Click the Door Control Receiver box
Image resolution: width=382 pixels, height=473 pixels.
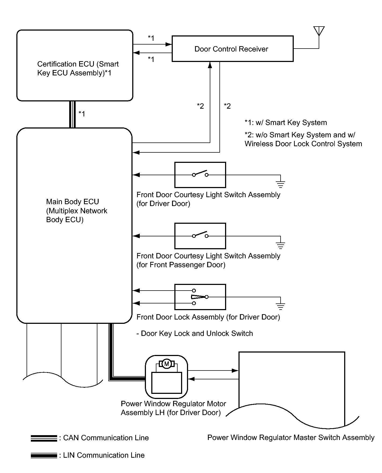[x=232, y=49]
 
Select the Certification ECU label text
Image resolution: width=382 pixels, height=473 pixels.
[x=78, y=68]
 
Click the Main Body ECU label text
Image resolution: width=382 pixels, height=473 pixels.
[x=76, y=211]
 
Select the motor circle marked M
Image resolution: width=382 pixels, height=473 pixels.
[x=167, y=364]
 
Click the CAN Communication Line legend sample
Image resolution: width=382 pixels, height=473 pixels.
[x=44, y=438]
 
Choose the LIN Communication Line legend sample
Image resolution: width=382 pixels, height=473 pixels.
[x=44, y=455]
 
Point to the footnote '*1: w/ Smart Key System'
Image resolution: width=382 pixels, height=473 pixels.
[x=286, y=123]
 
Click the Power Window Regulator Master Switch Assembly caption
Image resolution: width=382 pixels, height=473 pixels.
[x=291, y=438]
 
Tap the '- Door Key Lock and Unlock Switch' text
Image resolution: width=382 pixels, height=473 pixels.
[x=195, y=333]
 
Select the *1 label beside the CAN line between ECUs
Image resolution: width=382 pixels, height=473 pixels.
[x=82, y=114]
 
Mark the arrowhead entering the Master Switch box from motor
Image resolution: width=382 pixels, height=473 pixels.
[x=235, y=371]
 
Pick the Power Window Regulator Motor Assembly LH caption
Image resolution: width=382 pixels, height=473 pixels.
[x=173, y=408]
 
